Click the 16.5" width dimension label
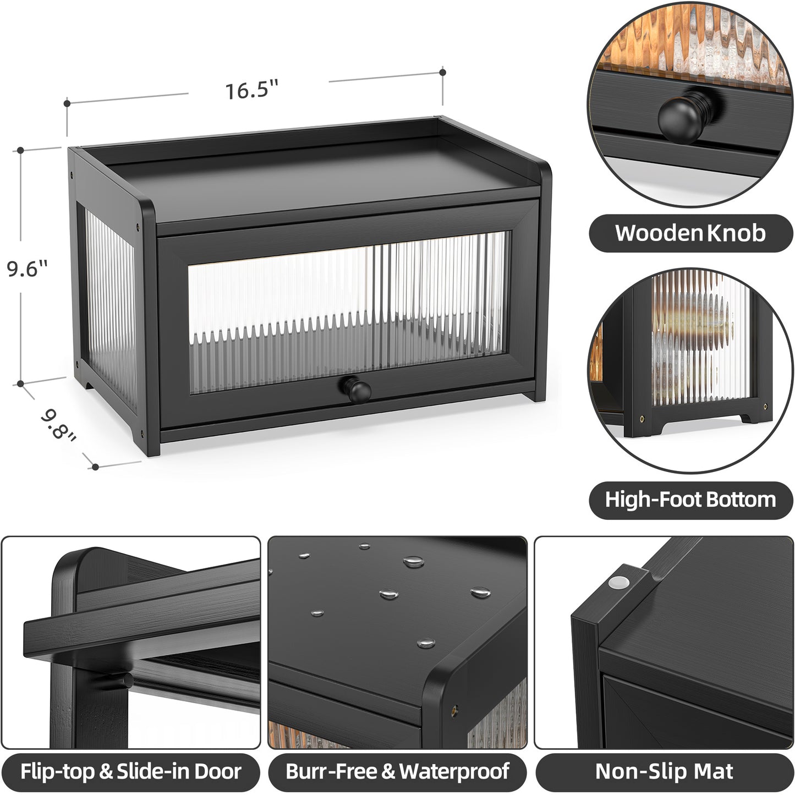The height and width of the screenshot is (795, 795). (x=251, y=89)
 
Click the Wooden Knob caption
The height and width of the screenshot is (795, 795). (x=690, y=233)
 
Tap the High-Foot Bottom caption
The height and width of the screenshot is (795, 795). (x=690, y=500)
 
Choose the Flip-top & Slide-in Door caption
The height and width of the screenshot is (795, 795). (x=131, y=771)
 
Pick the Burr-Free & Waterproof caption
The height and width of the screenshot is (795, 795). (x=397, y=771)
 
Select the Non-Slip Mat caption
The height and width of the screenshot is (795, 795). (x=664, y=771)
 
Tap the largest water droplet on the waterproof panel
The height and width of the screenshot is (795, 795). (x=414, y=562)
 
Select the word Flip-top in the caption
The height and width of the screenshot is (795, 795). (x=57, y=771)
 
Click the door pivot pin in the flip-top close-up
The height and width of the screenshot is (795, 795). (x=127, y=681)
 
